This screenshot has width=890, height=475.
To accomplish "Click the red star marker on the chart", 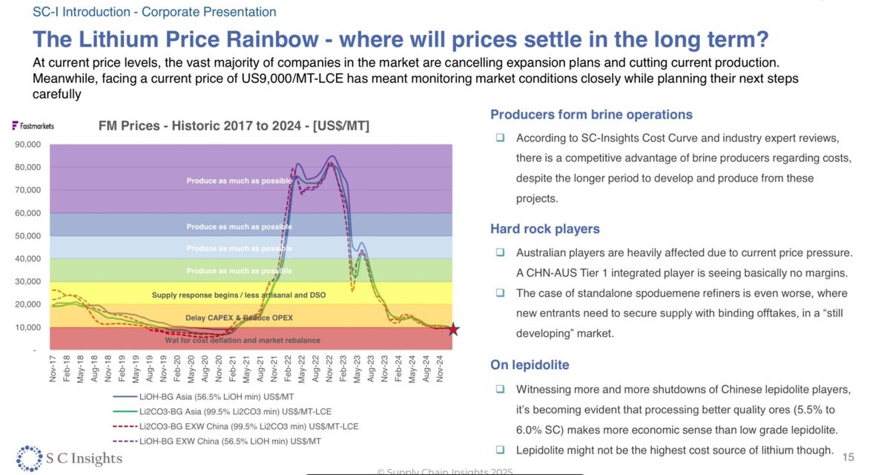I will (x=453, y=330).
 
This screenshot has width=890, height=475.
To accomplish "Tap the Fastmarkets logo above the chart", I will (x=33, y=126).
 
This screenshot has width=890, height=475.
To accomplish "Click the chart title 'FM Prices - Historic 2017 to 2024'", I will (x=234, y=127).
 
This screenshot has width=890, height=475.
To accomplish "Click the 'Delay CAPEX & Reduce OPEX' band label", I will (x=239, y=318).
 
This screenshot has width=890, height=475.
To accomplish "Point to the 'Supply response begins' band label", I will (x=239, y=295).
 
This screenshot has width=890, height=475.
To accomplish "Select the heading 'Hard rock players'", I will (x=544, y=229).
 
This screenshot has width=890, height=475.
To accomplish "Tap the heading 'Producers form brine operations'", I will (x=591, y=114).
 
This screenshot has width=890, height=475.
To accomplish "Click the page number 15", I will (x=849, y=456).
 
